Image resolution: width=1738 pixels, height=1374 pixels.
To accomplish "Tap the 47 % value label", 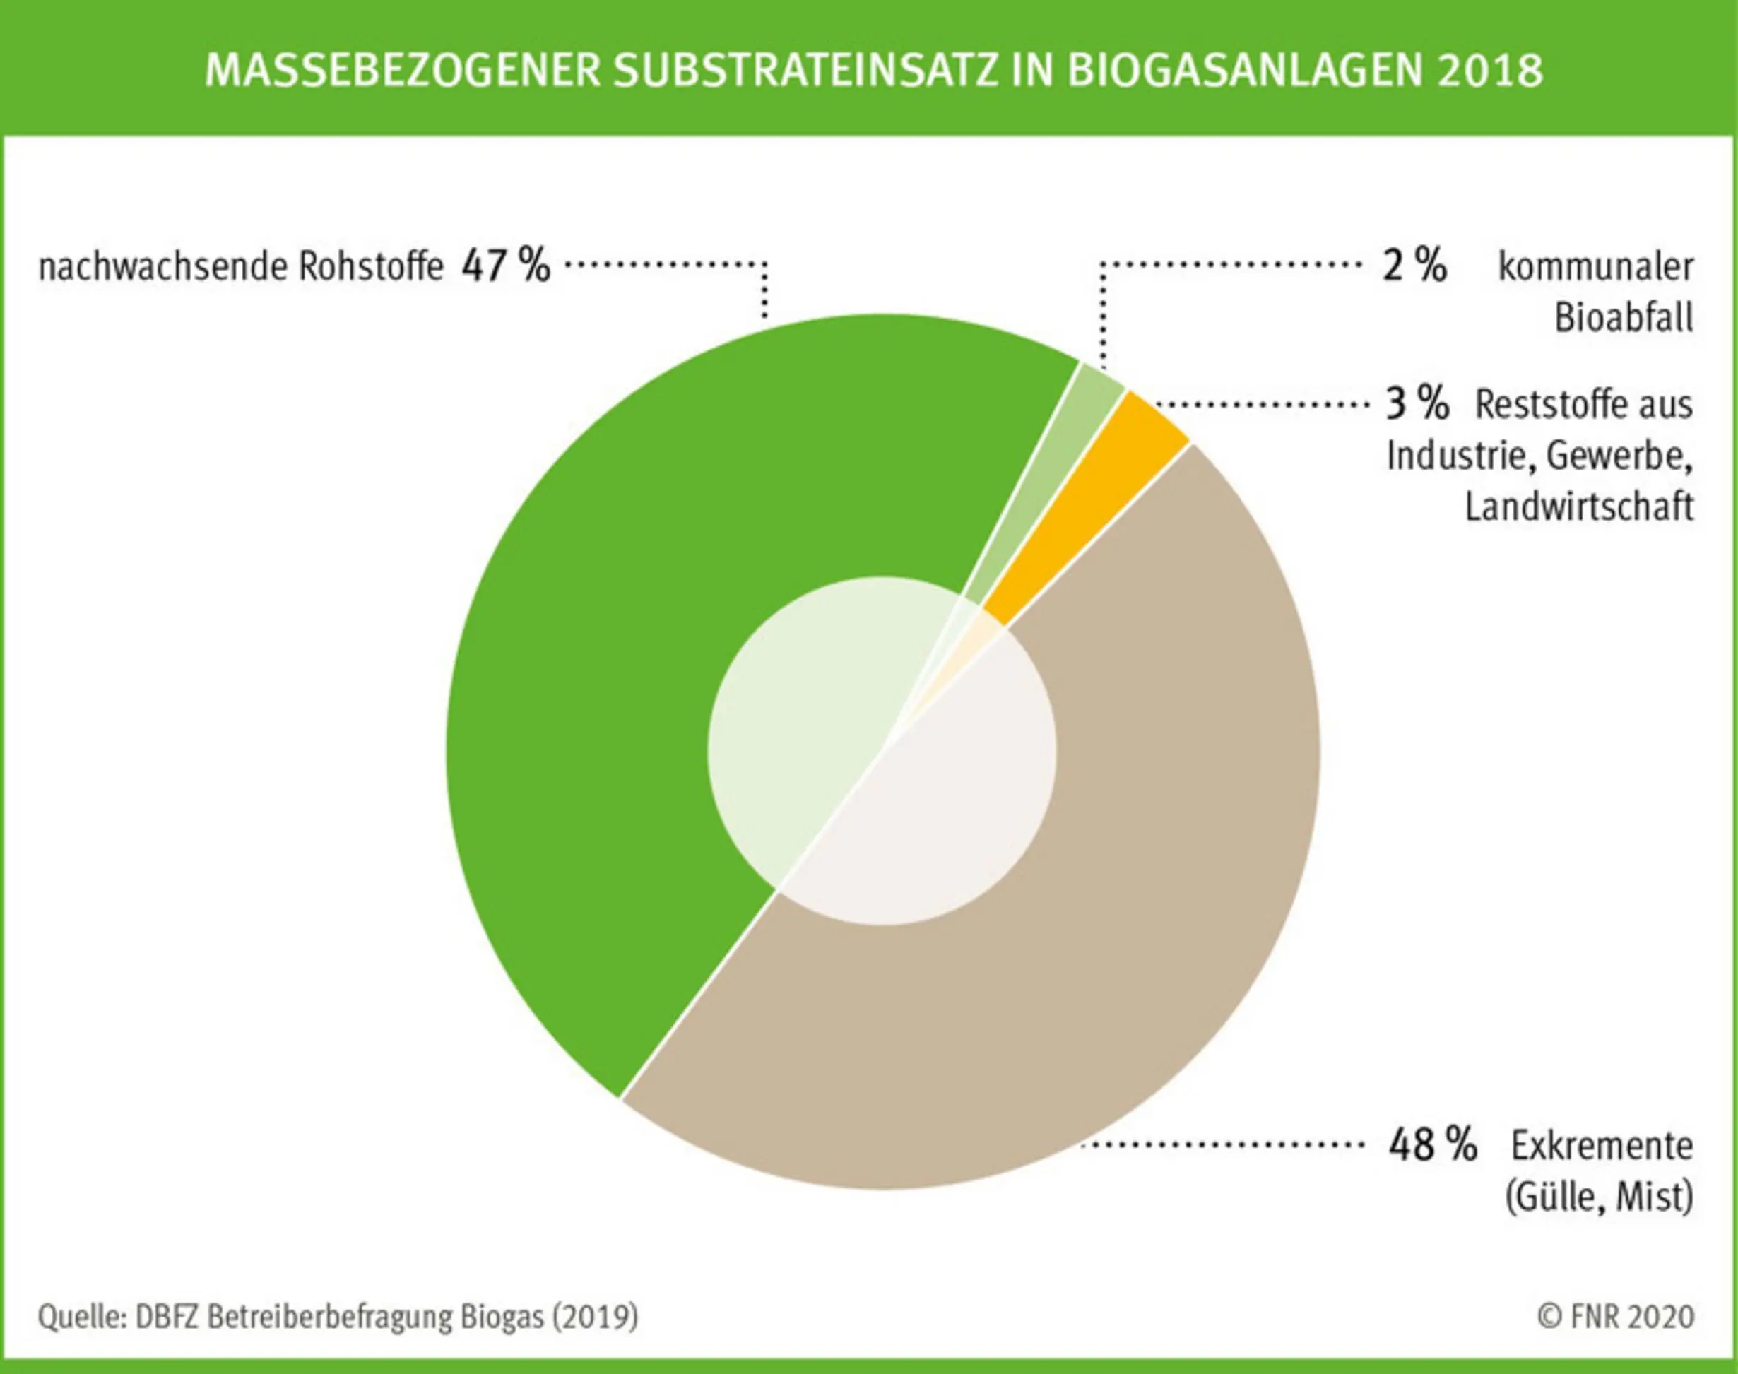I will coord(505,266).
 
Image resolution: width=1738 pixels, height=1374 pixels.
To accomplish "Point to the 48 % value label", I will coord(1432,1144).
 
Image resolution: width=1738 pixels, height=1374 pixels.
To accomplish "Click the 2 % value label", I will coord(1414,266).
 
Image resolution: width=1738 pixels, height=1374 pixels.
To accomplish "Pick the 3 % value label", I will coord(1416,404).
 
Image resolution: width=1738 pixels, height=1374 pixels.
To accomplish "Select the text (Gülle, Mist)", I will coord(1599,1197).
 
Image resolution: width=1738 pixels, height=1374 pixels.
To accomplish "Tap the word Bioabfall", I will coord(1623,318).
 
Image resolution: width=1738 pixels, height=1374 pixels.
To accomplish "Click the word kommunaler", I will coord(1595,267).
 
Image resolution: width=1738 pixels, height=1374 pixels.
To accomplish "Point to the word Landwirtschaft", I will coord(1578,507).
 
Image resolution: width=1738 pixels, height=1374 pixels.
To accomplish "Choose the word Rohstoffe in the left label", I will coord(370,267).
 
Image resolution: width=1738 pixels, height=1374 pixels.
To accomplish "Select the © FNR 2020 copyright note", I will coord(1616,1317).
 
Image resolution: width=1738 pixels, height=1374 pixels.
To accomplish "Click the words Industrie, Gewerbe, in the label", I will coord(1539,456).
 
